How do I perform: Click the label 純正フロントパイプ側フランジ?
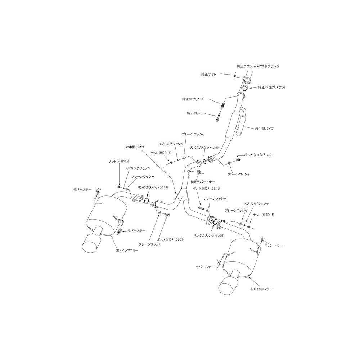pyautogui.click(x=258, y=66)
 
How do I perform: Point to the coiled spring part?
pyautogui.click(x=222, y=106)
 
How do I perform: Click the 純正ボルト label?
pyautogui.click(x=195, y=113)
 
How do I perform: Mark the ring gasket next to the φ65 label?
pyautogui.click(x=204, y=159)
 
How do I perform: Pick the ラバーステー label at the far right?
pyautogui.click(x=274, y=246)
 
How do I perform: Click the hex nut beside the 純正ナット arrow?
pyautogui.click(x=235, y=75)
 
